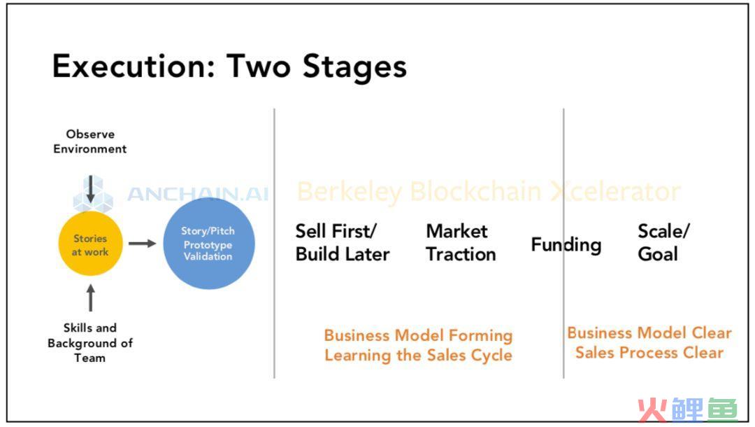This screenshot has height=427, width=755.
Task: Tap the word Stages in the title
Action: pyautogui.click(x=355, y=67)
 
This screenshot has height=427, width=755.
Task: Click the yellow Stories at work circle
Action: pyautogui.click(x=90, y=244)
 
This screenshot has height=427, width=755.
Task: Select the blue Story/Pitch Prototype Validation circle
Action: pyautogui.click(x=209, y=244)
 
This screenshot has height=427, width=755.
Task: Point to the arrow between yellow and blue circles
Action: pyautogui.click(x=142, y=244)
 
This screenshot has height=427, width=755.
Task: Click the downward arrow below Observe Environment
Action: pyautogui.click(x=90, y=190)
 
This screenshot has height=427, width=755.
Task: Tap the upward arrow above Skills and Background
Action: pyautogui.click(x=90, y=297)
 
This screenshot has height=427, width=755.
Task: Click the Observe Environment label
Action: pyautogui.click(x=90, y=141)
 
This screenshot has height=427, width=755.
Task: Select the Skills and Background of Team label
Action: pyautogui.click(x=90, y=343)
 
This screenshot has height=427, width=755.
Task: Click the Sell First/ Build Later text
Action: pyautogui.click(x=343, y=242)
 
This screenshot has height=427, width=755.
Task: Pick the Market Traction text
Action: pyautogui.click(x=461, y=242)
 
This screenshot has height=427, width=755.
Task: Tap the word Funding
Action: pyautogui.click(x=566, y=245)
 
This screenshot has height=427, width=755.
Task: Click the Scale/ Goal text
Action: pyautogui.click(x=663, y=242)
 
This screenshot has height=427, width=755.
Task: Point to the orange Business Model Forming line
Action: pyautogui.click(x=419, y=335)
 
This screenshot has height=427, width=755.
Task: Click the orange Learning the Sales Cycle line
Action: pyautogui.click(x=419, y=356)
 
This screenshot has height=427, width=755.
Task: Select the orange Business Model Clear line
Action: pyautogui.click(x=649, y=332)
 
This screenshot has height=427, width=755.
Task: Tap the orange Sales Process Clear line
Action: pyautogui.click(x=649, y=353)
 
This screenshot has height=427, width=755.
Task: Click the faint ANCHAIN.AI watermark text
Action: pyautogui.click(x=198, y=194)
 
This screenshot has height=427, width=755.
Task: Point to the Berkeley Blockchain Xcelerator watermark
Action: pyautogui.click(x=489, y=192)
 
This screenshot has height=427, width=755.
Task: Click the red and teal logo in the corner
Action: pyautogui.click(x=688, y=409)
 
